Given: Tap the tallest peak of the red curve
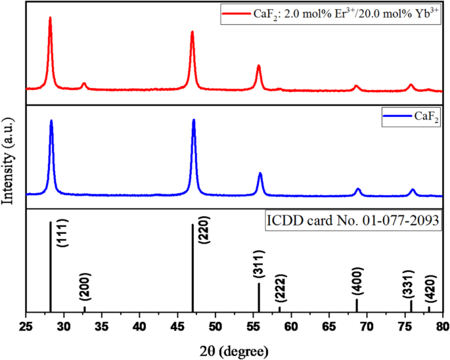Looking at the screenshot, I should click(50, 18).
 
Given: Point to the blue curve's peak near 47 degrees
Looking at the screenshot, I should click(194, 120).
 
